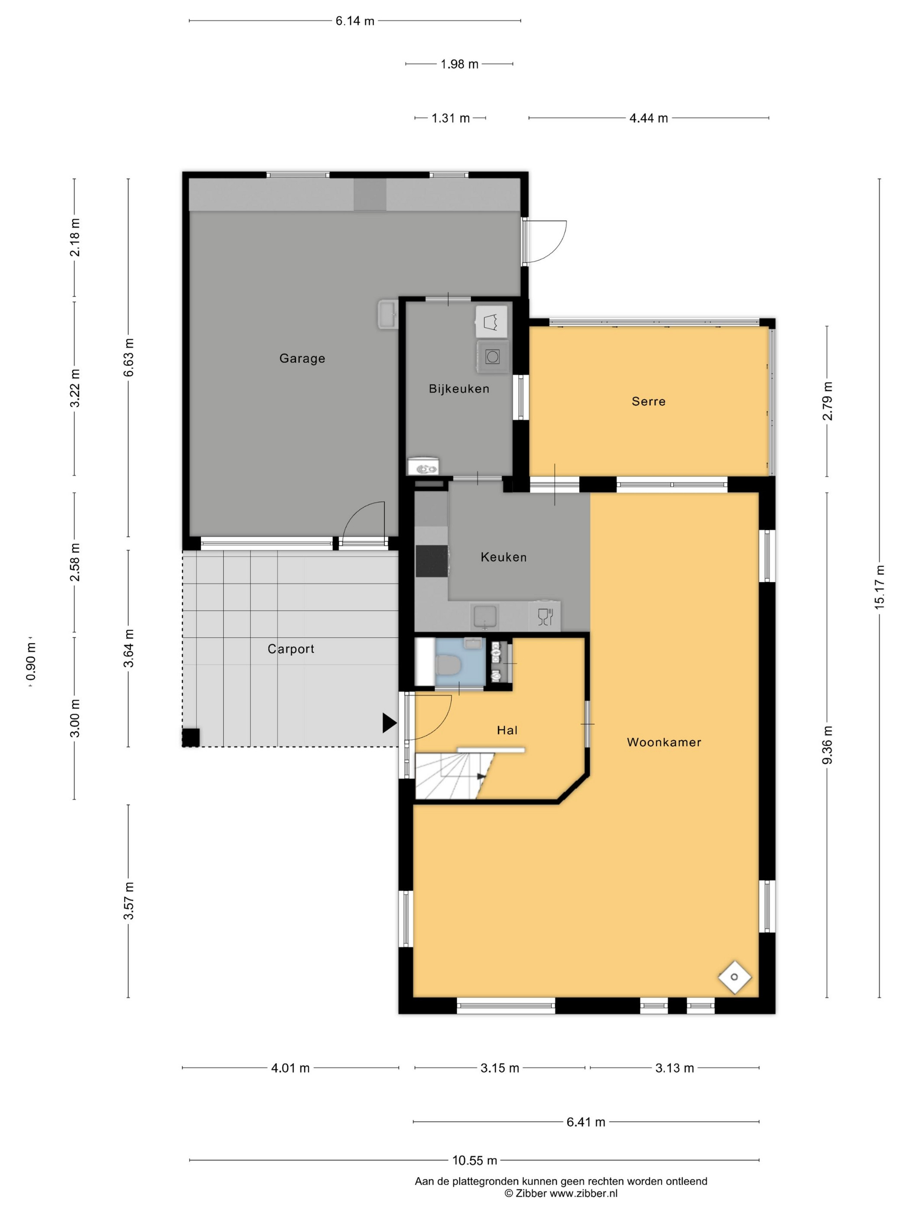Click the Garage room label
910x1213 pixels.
pos(302,358)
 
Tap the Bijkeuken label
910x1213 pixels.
pos(458,389)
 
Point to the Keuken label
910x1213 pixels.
pos(503,557)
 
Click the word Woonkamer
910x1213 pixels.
pos(664,742)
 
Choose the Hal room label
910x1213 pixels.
pos(507,730)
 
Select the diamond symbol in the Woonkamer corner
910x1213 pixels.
pos(734,976)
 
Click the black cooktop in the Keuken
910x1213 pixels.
pos(432,561)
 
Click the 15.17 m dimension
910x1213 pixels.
pos(879,586)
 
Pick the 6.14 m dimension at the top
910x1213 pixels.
pos(355,21)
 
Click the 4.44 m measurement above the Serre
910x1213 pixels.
pos(648,118)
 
